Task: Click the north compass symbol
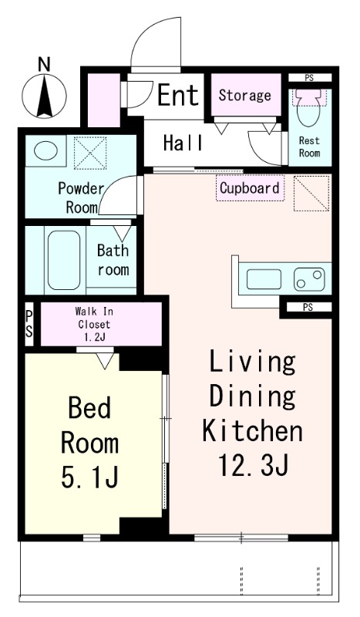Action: point(44,96)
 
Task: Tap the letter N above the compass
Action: point(45,64)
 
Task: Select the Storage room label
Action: point(244,95)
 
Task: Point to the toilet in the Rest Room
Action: point(309,106)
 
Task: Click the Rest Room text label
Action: point(309,147)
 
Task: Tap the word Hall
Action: point(183,143)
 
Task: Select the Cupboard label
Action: point(250,188)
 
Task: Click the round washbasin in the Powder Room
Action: point(45,150)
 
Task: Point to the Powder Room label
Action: point(81,197)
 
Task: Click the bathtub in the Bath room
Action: point(64,259)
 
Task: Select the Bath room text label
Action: point(113,260)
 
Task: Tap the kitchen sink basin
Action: point(264,279)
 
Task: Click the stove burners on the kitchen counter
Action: point(309,279)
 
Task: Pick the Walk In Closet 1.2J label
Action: point(94,324)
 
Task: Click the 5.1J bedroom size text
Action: point(89,477)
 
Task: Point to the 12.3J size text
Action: point(254,465)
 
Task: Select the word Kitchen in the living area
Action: point(252,430)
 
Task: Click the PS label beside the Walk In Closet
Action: point(29,323)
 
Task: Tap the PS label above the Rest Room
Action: point(309,78)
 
